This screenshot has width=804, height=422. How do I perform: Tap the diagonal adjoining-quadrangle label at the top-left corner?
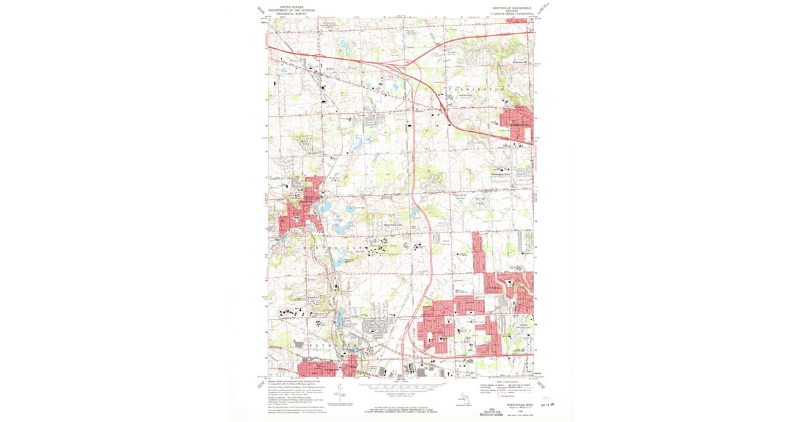[260, 10]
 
